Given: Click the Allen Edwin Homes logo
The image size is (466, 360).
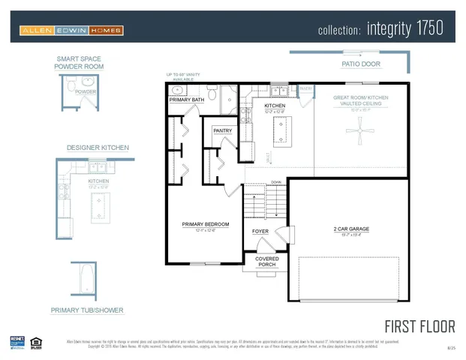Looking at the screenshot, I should tap(71, 31).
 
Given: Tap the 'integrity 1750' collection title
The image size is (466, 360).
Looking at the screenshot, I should tap(380, 29).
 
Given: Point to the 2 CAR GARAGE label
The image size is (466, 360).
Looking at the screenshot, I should tap(351, 229).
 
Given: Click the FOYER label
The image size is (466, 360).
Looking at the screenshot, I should tap(260, 231).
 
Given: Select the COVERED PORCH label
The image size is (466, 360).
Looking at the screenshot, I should tap(267, 262).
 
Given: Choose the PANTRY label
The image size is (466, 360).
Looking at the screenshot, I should tap(223, 130).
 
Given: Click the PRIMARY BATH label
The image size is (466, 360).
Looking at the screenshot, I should tap(186, 100).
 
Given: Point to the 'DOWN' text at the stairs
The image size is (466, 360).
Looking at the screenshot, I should tap(276, 182).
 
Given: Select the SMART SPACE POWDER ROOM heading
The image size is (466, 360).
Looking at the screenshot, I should tap(79, 63).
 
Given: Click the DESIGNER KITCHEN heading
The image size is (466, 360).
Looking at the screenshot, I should tap(98, 148).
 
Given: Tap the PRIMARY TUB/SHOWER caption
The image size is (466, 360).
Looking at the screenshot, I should tap(87, 310).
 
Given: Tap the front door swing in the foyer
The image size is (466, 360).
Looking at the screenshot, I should tap(280, 235).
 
